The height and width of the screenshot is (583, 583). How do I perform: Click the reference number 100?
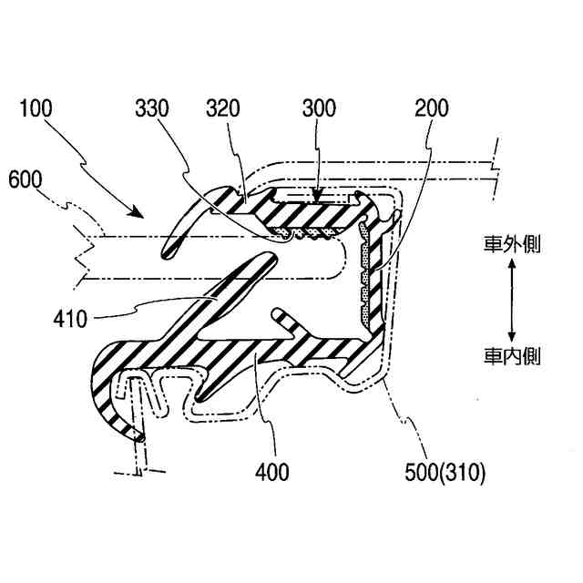coord(36,108)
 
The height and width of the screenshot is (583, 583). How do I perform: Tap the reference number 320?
coord(223,108)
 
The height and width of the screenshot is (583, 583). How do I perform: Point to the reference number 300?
coord(320,108)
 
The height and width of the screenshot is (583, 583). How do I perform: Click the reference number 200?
coord(431,108)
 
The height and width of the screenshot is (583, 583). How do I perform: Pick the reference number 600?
coord(25,179)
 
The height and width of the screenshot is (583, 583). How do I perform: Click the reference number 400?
coord(272,472)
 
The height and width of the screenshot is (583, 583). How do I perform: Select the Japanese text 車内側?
coord(512,355)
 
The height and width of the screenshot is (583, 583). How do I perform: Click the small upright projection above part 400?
coord(281,318)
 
